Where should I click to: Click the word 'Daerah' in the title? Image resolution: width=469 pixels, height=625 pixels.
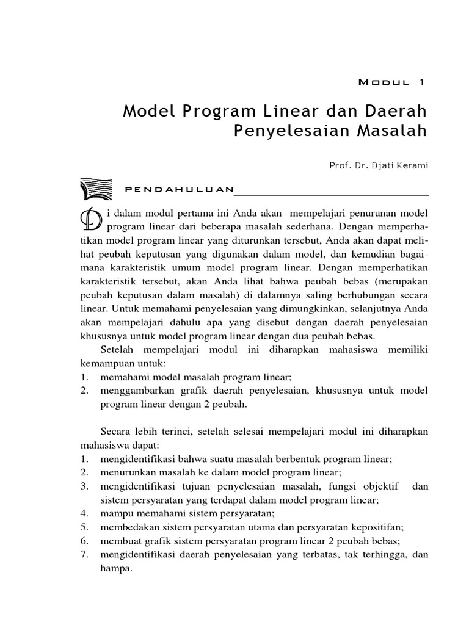[398, 112]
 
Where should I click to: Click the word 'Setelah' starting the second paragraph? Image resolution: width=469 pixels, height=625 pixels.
[118, 350]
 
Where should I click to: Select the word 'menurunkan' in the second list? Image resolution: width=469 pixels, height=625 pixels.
[126, 472]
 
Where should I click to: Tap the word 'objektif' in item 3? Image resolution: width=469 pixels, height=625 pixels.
[381, 486]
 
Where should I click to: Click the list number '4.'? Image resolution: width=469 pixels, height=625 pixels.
[85, 513]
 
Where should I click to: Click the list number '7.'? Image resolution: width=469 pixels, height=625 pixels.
[85, 554]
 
